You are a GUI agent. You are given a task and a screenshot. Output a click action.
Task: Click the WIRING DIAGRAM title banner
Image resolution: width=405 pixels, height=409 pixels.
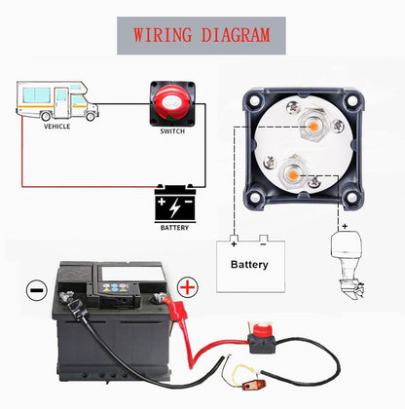202,36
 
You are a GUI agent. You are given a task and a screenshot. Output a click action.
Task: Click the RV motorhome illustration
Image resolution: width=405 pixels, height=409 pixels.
57,101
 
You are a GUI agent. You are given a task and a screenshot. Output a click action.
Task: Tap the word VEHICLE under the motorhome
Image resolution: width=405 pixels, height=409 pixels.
56,127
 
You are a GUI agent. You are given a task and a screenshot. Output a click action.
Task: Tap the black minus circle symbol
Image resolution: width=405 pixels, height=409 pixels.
37,289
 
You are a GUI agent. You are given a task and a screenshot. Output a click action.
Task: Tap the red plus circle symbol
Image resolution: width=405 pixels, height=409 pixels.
188,287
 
